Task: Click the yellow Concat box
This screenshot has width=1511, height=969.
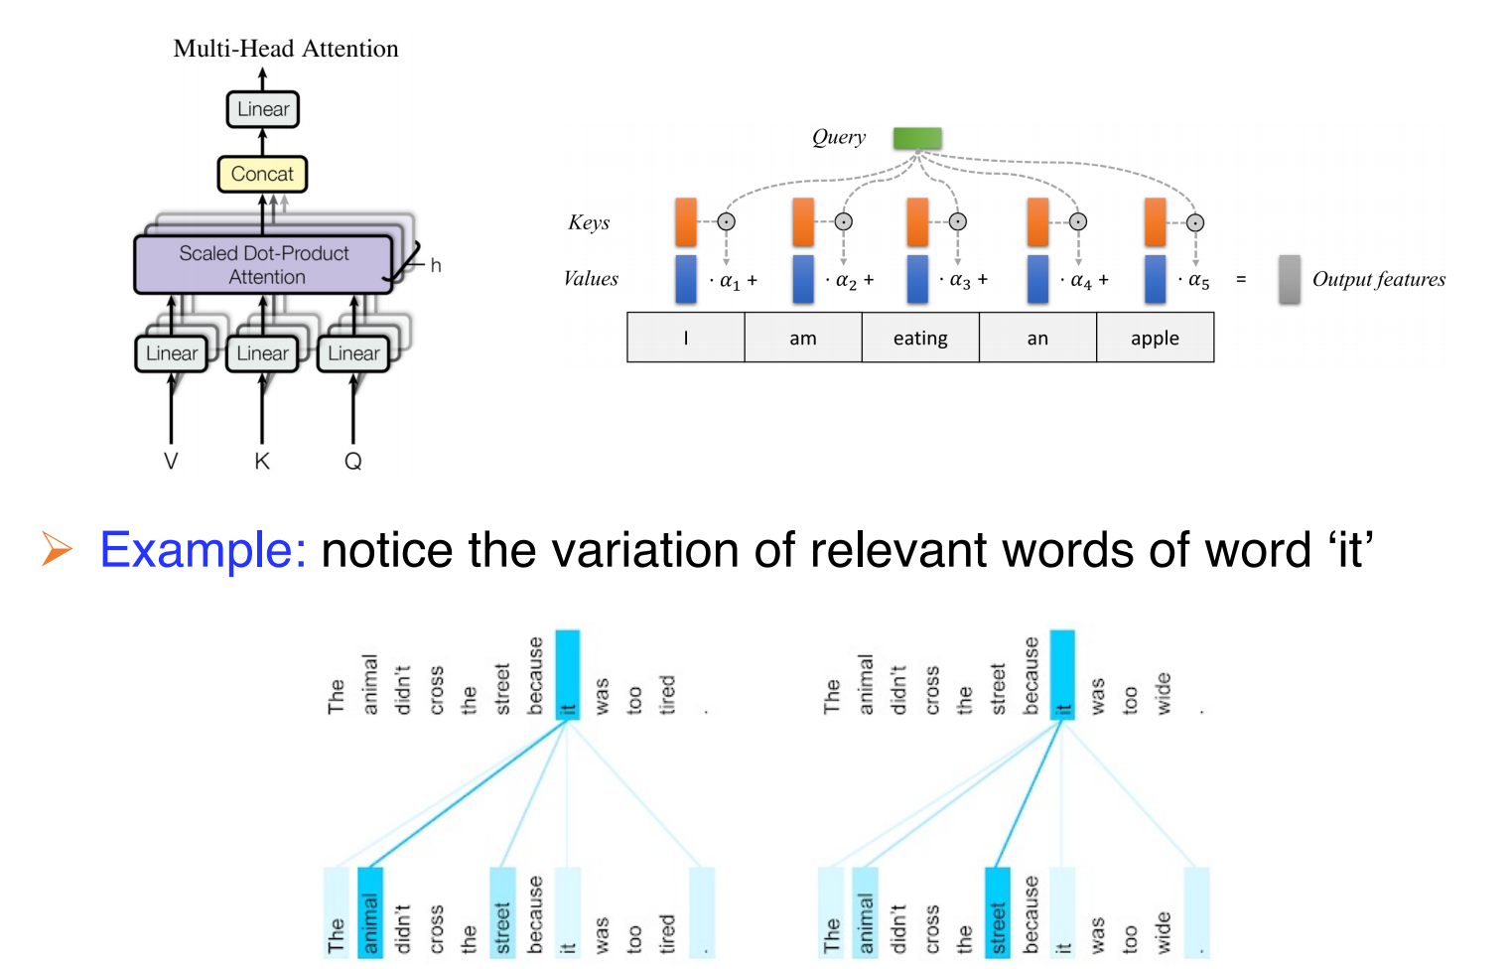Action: click(262, 174)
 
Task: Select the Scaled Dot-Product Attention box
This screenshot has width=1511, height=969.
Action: click(264, 265)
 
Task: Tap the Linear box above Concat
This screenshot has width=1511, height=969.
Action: click(263, 109)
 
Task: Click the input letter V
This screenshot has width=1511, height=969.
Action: click(171, 461)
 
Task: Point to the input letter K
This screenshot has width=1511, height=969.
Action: click(262, 461)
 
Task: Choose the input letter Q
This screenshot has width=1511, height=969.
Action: click(353, 461)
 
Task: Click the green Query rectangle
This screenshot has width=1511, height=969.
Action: click(917, 138)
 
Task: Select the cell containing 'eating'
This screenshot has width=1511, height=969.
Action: click(920, 338)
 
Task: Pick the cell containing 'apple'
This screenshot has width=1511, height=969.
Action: click(1155, 338)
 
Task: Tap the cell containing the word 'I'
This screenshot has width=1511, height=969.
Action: click(686, 338)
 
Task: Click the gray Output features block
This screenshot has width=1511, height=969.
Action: click(1289, 279)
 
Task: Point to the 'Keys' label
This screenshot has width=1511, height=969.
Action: click(589, 222)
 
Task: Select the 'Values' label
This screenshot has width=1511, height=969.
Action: click(591, 279)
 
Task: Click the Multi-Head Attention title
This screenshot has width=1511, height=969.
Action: click(286, 49)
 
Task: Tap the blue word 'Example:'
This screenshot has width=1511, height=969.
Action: click(203, 550)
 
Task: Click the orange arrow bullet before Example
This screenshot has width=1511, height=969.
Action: click(57, 548)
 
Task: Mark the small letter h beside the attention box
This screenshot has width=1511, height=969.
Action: click(436, 265)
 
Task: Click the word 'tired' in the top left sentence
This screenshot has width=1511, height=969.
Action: click(667, 694)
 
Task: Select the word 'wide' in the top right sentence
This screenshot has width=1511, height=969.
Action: click(1163, 693)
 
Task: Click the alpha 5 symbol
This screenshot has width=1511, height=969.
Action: click(1199, 281)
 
